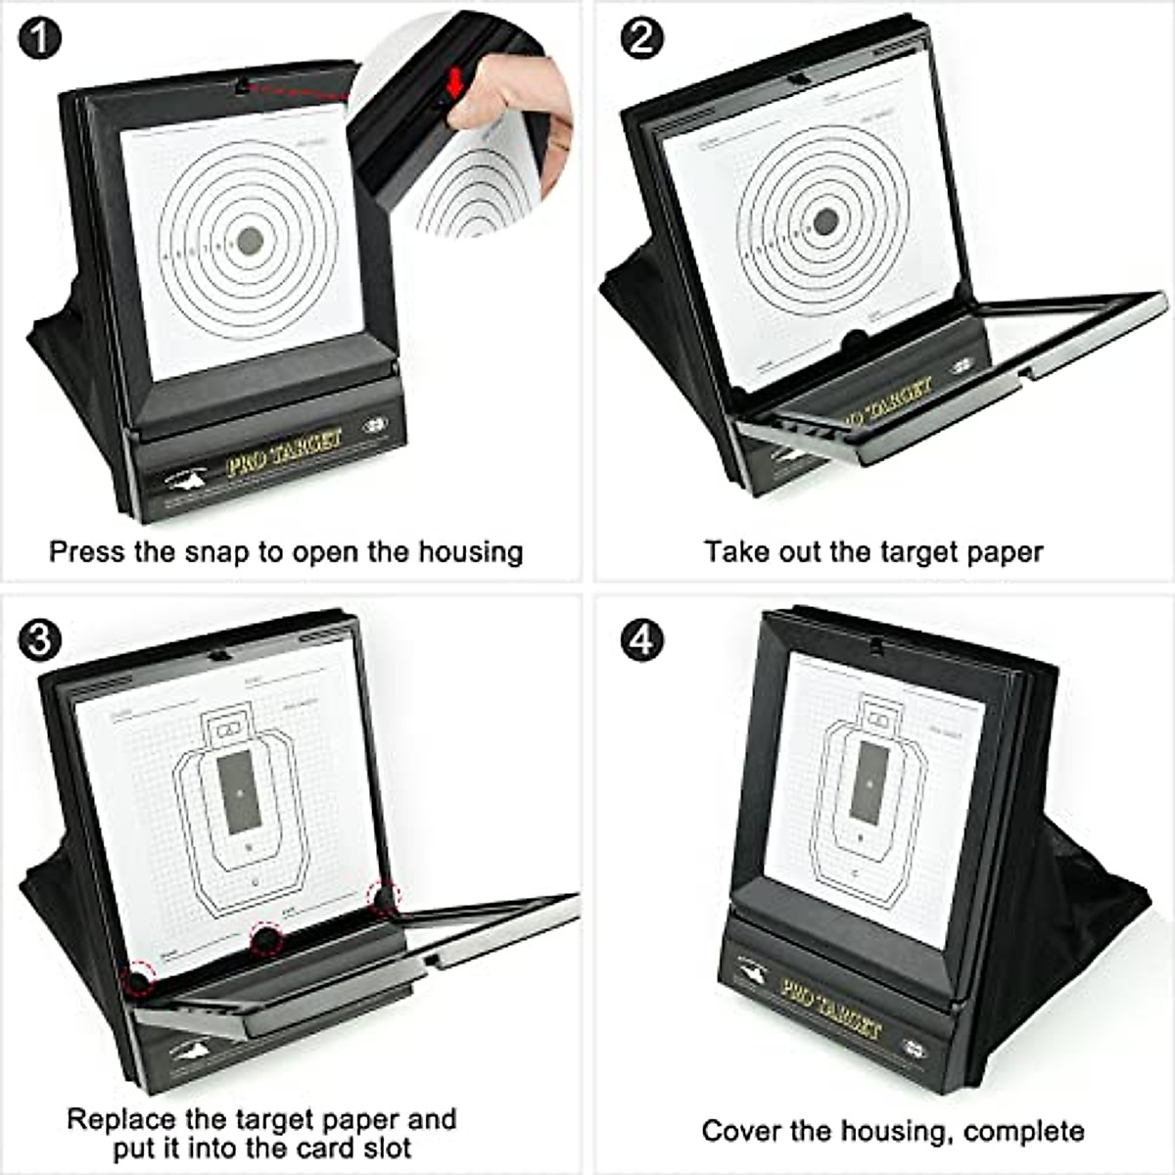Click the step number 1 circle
click(x=38, y=39)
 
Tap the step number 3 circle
click(x=38, y=640)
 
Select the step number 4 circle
click(x=642, y=640)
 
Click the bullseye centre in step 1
click(x=251, y=238)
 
